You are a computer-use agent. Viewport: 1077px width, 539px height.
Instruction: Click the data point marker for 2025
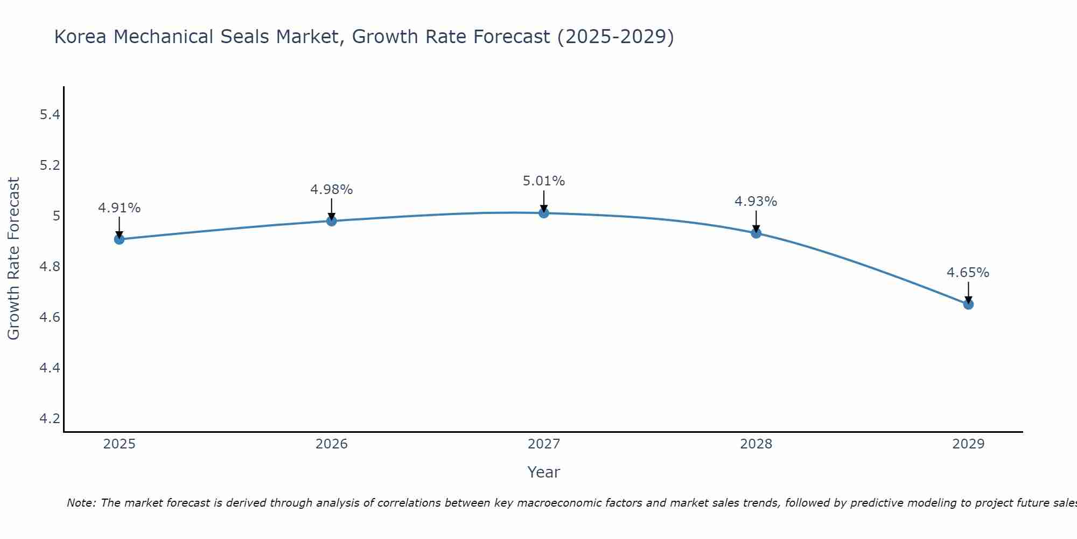point(119,239)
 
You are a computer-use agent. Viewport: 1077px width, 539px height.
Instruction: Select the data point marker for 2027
point(544,213)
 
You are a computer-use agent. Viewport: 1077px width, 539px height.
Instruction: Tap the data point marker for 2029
point(968,305)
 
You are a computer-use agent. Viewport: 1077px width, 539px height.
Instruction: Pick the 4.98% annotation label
point(331,190)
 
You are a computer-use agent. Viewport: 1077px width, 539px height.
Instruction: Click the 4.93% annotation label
point(756,202)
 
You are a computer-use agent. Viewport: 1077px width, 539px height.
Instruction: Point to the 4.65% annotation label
point(968,273)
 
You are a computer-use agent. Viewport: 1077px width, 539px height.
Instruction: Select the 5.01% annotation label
point(544,181)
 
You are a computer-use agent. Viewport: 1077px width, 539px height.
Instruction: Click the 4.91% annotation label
point(119,208)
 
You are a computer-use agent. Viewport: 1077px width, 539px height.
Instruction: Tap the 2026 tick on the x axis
point(331,444)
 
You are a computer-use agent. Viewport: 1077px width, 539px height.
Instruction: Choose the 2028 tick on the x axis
point(756,444)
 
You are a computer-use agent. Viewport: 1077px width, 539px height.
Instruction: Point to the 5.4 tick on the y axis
point(50,115)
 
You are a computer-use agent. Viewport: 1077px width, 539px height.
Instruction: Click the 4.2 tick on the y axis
point(50,419)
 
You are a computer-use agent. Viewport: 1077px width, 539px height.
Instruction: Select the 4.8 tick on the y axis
point(50,267)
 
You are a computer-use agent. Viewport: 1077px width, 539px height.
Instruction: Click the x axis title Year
point(543,472)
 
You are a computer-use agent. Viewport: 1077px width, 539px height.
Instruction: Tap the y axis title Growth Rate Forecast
point(13,259)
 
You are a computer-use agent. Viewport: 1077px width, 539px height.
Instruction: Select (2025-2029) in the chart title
point(616,37)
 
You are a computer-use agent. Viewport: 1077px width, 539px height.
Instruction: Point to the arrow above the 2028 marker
point(756,221)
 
